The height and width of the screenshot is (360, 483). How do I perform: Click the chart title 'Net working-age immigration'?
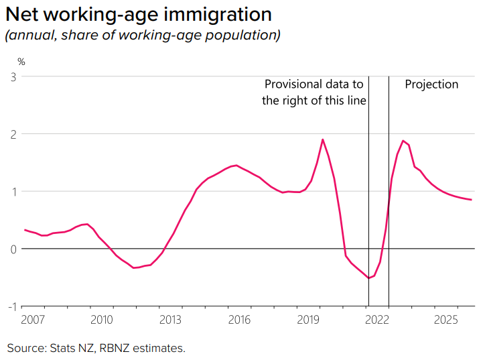[x=139, y=14]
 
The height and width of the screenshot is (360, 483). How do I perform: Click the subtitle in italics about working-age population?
[x=142, y=36]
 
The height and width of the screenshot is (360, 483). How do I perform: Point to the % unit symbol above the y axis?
[x=21, y=62]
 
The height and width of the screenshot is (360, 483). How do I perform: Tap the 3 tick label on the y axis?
[x=13, y=76]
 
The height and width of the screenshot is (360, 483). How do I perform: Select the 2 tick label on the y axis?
[x=13, y=134]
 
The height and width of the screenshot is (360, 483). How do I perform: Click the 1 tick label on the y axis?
[x=13, y=192]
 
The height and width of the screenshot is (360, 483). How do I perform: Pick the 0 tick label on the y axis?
[x=13, y=249]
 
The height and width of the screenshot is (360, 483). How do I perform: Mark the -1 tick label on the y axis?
[x=11, y=306]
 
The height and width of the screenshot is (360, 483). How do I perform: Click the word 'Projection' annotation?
[x=431, y=84]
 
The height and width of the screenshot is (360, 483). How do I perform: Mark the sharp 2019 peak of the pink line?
[x=323, y=139]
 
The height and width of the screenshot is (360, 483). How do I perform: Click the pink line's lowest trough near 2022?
[x=368, y=278]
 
